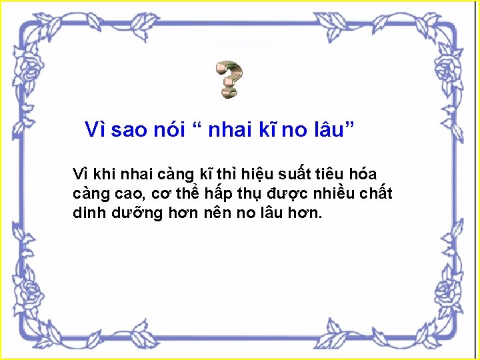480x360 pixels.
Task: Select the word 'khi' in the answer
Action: (104, 175)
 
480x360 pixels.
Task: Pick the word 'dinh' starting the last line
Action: (87, 214)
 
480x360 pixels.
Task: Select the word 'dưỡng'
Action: (132, 215)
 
